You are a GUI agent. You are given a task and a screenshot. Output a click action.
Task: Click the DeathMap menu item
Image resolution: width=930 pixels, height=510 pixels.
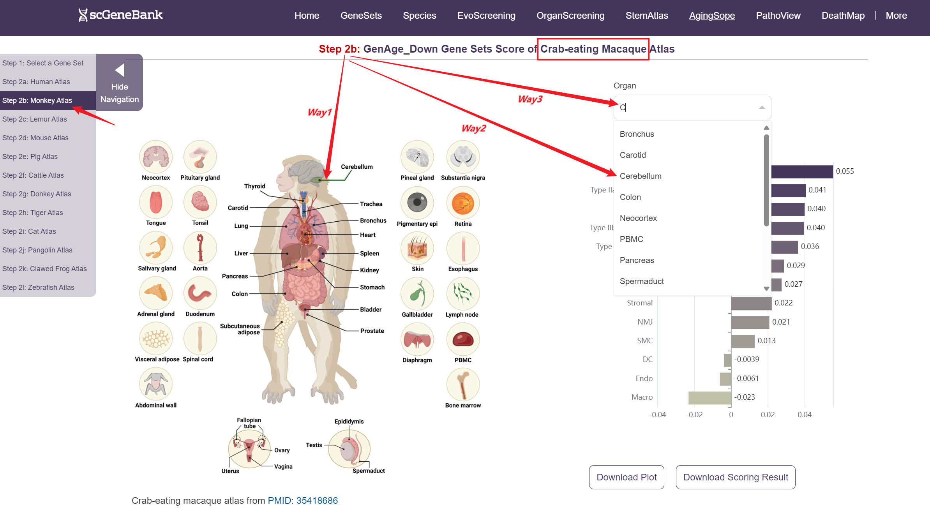click(843, 16)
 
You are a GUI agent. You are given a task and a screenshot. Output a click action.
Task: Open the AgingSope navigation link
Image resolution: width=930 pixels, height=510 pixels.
click(712, 16)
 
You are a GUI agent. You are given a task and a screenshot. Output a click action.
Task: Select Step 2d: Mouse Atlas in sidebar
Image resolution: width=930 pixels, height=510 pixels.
click(35, 138)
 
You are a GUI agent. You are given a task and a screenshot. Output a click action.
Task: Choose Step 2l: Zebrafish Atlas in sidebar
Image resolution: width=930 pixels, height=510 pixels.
click(38, 288)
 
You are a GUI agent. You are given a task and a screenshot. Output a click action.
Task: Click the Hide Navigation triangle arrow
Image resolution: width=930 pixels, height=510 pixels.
click(120, 70)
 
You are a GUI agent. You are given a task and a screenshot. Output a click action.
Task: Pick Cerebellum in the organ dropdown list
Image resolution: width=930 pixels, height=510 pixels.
click(641, 176)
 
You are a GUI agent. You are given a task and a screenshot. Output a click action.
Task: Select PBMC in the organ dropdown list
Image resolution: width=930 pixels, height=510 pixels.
click(631, 239)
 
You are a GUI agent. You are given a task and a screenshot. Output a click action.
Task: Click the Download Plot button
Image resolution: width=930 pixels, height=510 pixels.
click(626, 477)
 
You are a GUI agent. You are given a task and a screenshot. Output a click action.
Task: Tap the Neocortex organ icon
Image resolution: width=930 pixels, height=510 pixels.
click(156, 157)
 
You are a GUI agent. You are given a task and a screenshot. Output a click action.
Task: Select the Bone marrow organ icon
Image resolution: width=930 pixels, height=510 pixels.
click(463, 385)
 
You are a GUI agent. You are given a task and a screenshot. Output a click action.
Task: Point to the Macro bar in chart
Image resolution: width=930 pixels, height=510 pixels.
click(709, 398)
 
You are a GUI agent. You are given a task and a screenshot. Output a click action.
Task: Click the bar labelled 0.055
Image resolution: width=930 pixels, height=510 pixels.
click(802, 171)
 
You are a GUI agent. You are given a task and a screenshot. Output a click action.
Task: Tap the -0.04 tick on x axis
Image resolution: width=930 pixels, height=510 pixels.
click(657, 415)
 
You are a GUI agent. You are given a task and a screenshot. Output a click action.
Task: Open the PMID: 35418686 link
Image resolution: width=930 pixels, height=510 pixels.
click(303, 501)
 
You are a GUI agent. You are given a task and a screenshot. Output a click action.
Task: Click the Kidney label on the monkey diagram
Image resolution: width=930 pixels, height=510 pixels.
click(369, 270)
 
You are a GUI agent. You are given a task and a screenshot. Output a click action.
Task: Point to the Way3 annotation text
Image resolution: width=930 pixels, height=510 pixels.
click(530, 99)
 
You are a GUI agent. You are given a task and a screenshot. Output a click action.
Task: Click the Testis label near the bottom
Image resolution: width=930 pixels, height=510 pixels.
click(314, 445)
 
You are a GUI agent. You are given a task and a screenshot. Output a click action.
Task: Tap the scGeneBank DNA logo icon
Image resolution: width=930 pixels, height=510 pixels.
click(83, 15)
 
